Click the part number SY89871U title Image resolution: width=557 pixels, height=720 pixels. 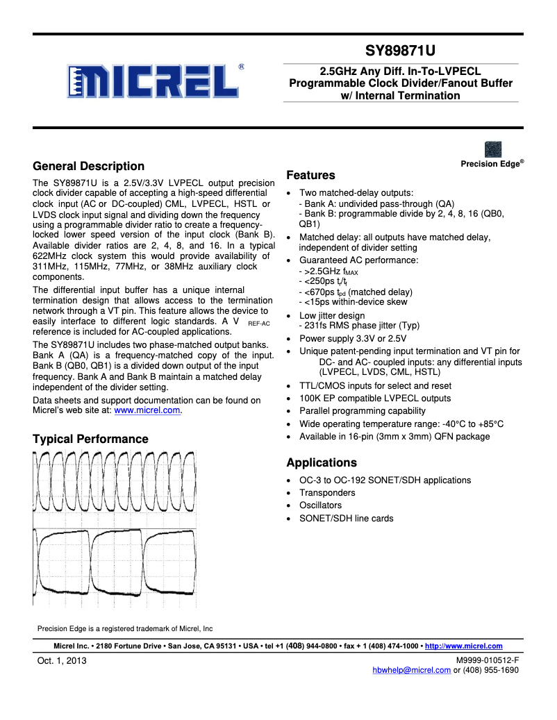(x=400, y=51)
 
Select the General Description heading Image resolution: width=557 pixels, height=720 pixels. (x=89, y=166)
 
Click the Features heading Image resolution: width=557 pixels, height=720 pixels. (x=310, y=175)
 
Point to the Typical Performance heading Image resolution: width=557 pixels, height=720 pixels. (x=90, y=439)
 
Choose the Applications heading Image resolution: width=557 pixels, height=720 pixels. (x=322, y=462)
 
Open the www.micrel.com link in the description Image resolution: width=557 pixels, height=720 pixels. (x=147, y=410)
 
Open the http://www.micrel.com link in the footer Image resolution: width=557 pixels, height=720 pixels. (x=463, y=646)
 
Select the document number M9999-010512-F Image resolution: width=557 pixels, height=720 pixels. (x=487, y=660)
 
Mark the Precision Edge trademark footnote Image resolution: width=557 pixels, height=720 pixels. (x=125, y=628)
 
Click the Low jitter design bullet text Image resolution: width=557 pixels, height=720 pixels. (x=332, y=315)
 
